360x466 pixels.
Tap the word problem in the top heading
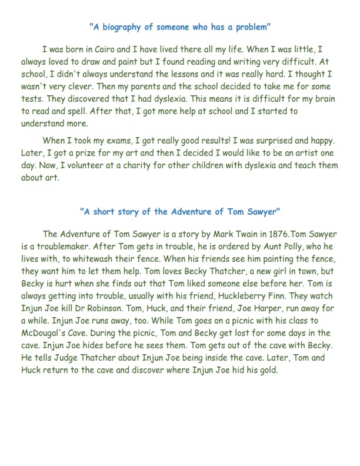click(x=250, y=26)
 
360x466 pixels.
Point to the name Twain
click(x=236, y=234)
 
